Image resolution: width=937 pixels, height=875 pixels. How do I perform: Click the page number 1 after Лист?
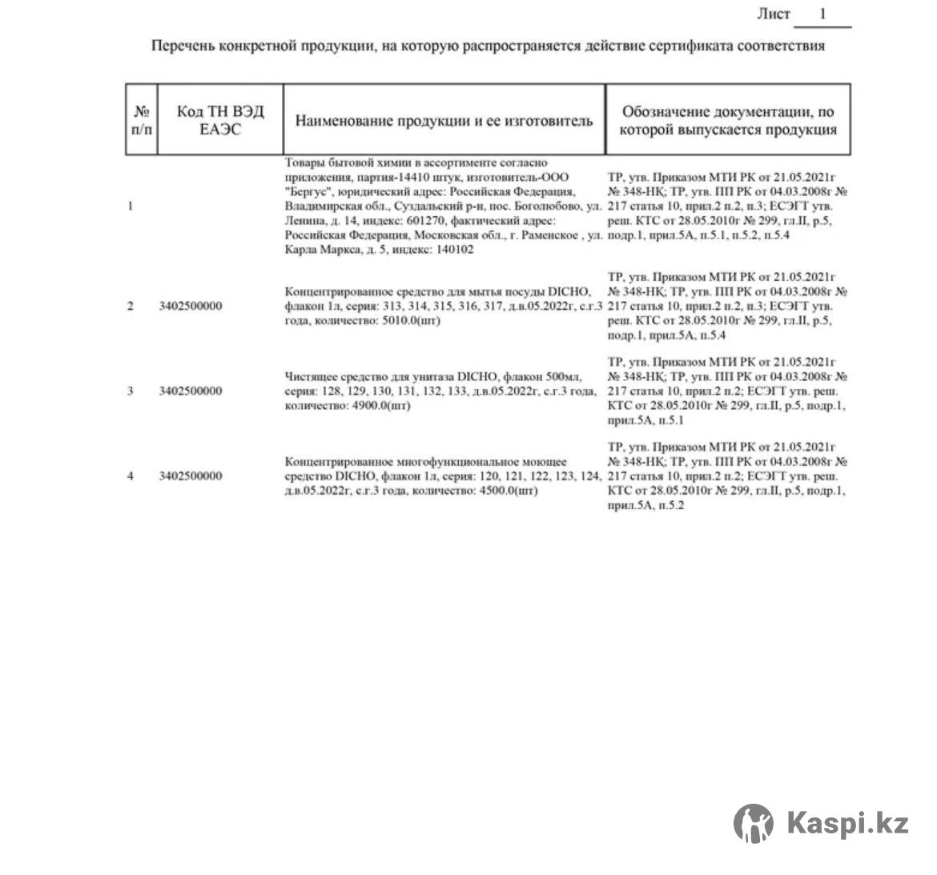click(x=822, y=14)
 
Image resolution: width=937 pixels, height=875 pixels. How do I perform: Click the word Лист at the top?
click(x=774, y=14)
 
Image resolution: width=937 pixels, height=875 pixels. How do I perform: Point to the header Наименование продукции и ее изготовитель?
click(x=444, y=121)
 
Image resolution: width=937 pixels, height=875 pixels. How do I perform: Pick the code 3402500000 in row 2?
click(x=191, y=306)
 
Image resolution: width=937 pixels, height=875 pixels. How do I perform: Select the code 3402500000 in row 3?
click(x=191, y=391)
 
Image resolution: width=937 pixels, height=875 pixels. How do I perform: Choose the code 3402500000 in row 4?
click(x=191, y=476)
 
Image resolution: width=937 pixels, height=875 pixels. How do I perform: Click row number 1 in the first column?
click(x=131, y=206)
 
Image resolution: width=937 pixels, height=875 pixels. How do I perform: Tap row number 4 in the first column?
click(x=131, y=476)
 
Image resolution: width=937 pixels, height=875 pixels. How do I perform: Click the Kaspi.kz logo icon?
click(x=754, y=823)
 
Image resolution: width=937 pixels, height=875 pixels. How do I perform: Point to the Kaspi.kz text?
click(x=848, y=823)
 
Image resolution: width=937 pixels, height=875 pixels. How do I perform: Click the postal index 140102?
click(x=454, y=249)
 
